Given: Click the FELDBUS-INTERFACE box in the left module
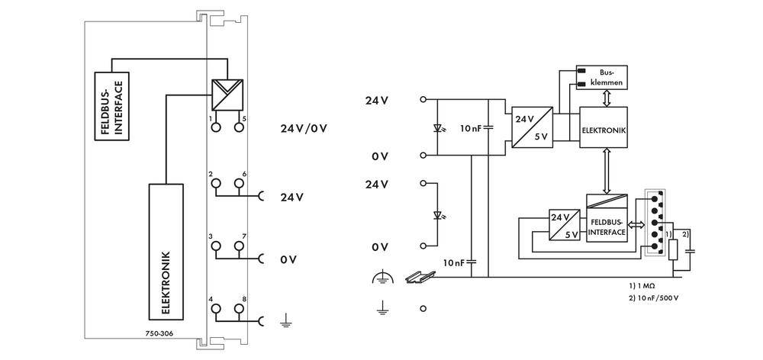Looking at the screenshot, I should [x=110, y=105].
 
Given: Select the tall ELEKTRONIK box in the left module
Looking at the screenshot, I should [x=165, y=251].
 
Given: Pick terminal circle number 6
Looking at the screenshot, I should [x=240, y=184].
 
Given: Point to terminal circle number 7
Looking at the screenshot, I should [x=240, y=246].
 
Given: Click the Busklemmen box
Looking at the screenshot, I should [x=601, y=76].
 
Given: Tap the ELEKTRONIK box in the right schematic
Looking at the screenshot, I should [x=603, y=130].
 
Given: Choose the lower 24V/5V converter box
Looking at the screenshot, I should [x=565, y=226].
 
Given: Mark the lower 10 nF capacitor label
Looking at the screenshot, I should [x=454, y=262].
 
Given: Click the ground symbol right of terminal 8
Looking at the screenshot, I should [x=287, y=321].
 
